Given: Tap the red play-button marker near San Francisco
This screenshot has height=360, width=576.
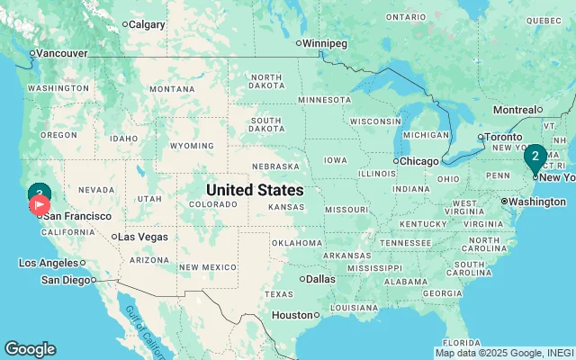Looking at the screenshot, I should click(40, 205).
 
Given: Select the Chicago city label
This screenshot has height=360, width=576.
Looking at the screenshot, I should click(418, 161).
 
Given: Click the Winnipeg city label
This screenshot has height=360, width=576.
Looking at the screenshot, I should click(327, 42).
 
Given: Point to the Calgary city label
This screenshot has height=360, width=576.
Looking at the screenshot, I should click(147, 24).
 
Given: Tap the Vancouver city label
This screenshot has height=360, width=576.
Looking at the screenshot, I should click(61, 53).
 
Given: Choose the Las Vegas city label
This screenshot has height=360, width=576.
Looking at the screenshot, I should click(143, 237).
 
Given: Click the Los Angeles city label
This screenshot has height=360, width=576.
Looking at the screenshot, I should click(49, 263).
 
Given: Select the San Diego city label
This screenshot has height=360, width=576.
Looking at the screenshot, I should click(67, 280).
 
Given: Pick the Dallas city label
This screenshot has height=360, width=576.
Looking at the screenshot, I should click(320, 279).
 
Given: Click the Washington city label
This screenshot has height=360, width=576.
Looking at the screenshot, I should click(537, 201).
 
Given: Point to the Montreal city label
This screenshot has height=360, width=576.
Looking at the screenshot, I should click(517, 110).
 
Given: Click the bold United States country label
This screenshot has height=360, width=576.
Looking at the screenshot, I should click(255, 191).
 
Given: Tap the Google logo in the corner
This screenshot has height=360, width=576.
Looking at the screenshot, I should click(30, 349).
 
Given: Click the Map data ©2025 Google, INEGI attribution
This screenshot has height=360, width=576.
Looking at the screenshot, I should click(504, 353).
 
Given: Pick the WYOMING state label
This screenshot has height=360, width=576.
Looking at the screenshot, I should click(192, 146).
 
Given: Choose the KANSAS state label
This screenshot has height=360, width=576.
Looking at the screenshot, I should click(286, 207).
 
